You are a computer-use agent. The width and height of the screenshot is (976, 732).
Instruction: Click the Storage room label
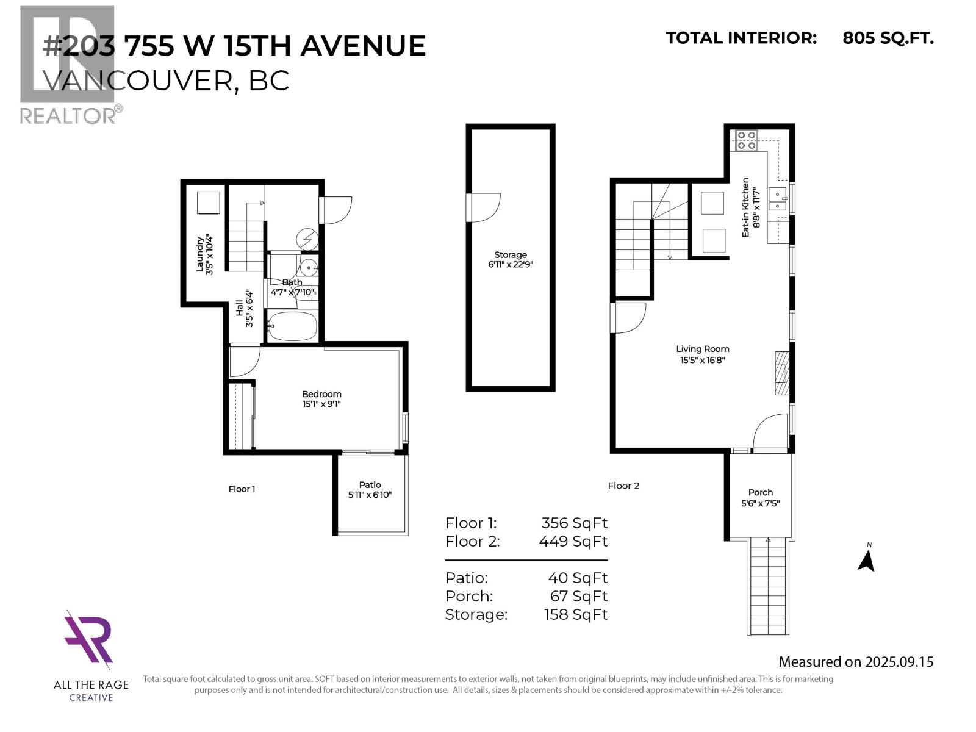click(510, 255)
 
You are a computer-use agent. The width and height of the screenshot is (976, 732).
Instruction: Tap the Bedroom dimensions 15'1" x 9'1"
click(321, 404)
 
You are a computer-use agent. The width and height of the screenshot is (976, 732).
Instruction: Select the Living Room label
click(702, 349)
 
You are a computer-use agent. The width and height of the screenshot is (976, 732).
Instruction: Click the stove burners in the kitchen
click(746, 140)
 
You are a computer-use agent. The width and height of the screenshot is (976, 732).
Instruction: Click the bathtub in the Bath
click(293, 327)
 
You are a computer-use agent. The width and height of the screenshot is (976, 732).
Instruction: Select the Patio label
click(370, 484)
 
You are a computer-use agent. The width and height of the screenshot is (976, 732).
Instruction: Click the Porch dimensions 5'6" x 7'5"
click(760, 503)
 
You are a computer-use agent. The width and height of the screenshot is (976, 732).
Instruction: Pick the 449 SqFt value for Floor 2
click(573, 541)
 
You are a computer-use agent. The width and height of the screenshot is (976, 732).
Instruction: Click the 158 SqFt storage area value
click(575, 614)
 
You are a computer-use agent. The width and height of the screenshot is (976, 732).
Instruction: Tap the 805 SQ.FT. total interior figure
click(888, 38)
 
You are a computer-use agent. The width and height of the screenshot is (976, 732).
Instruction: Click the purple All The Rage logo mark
click(89, 638)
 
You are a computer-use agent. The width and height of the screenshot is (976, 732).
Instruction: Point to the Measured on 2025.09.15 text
click(855, 662)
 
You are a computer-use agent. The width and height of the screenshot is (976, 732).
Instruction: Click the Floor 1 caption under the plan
click(242, 489)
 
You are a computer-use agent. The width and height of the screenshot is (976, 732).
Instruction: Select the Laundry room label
click(199, 254)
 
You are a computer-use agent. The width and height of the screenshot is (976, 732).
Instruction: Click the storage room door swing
click(485, 207)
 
